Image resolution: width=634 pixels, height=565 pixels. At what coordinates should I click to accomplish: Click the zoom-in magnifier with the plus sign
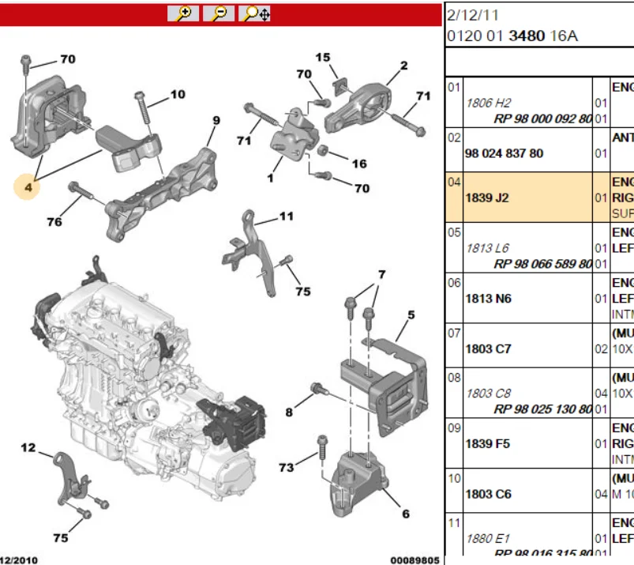(183, 13)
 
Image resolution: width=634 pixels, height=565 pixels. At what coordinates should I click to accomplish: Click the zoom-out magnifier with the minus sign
(219, 13)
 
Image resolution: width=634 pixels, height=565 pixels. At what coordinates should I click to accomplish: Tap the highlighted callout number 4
(29, 187)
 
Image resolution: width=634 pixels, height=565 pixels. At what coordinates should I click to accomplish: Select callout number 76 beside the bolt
(54, 222)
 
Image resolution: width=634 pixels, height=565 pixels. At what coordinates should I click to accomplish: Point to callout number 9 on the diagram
(216, 120)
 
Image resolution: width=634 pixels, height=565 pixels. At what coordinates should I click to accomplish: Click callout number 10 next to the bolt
(178, 94)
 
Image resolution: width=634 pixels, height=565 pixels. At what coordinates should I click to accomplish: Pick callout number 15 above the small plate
(323, 58)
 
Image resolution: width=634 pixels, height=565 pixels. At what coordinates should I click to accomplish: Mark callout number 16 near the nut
(359, 164)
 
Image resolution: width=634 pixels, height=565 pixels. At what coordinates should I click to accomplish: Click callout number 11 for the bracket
(286, 216)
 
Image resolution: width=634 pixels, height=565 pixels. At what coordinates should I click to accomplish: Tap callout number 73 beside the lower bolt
(286, 468)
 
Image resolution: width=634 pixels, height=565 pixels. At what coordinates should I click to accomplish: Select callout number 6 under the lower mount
(406, 514)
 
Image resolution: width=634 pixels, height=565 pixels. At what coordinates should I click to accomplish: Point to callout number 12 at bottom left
(28, 448)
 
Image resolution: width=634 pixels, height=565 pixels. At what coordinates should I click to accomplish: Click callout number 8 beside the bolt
(289, 412)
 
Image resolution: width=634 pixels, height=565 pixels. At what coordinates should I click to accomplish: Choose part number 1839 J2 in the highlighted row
(487, 198)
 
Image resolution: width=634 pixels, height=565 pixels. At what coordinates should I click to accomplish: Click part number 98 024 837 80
(504, 153)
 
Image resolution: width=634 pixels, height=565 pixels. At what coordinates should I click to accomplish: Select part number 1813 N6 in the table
(487, 298)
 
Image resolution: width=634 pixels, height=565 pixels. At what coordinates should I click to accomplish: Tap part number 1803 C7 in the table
(487, 348)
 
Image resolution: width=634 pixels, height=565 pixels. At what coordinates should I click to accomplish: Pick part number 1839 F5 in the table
(487, 443)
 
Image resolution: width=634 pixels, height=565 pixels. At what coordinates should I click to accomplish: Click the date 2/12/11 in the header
(473, 15)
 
